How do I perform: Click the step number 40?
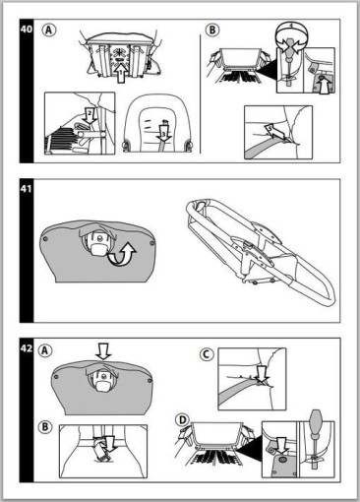click(x=27, y=30)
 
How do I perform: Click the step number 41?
click(x=27, y=189)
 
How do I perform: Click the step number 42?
click(x=27, y=348)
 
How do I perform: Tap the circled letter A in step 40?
click(x=49, y=31)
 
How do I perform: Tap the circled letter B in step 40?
click(x=212, y=31)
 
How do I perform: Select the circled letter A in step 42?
click(x=45, y=350)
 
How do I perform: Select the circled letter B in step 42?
click(x=45, y=427)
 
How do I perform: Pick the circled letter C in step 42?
click(x=207, y=354)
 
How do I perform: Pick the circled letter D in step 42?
click(x=183, y=420)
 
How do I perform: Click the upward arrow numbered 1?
click(x=121, y=74)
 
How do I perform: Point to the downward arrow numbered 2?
click(x=90, y=116)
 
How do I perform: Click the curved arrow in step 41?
click(x=122, y=255)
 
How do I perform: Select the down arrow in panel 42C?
click(x=262, y=374)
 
